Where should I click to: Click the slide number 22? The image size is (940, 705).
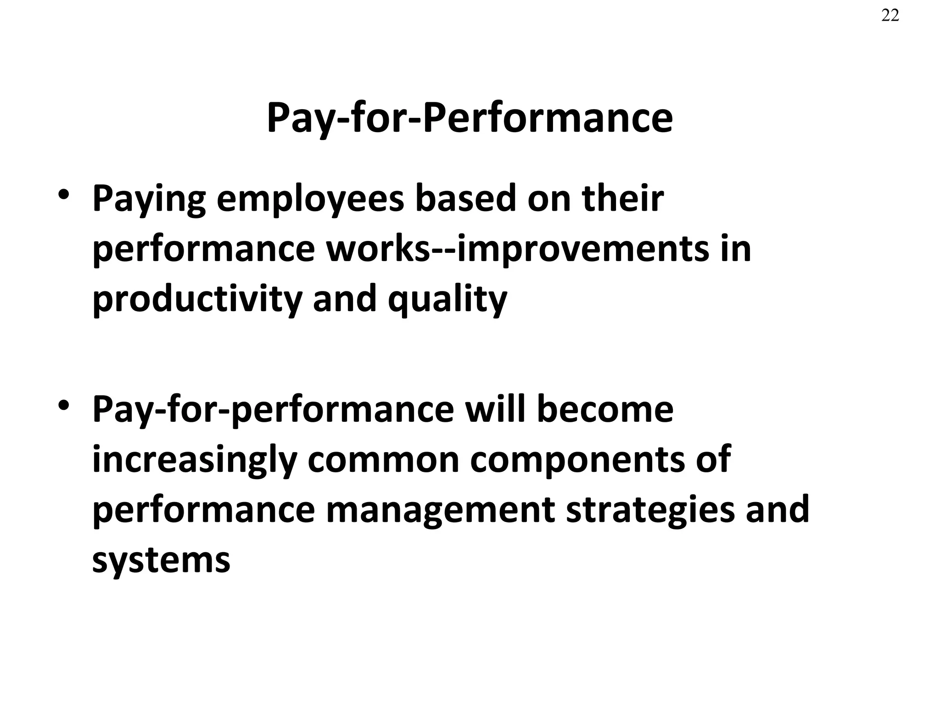pyautogui.click(x=890, y=16)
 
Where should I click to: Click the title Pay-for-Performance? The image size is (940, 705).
pyautogui.click(x=470, y=118)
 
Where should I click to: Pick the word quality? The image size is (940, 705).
pyautogui.click(x=448, y=300)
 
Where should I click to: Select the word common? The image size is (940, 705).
pyautogui.click(x=384, y=460)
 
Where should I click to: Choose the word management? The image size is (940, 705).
pyautogui.click(x=441, y=510)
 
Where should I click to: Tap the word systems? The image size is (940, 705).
pyautogui.click(x=161, y=561)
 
